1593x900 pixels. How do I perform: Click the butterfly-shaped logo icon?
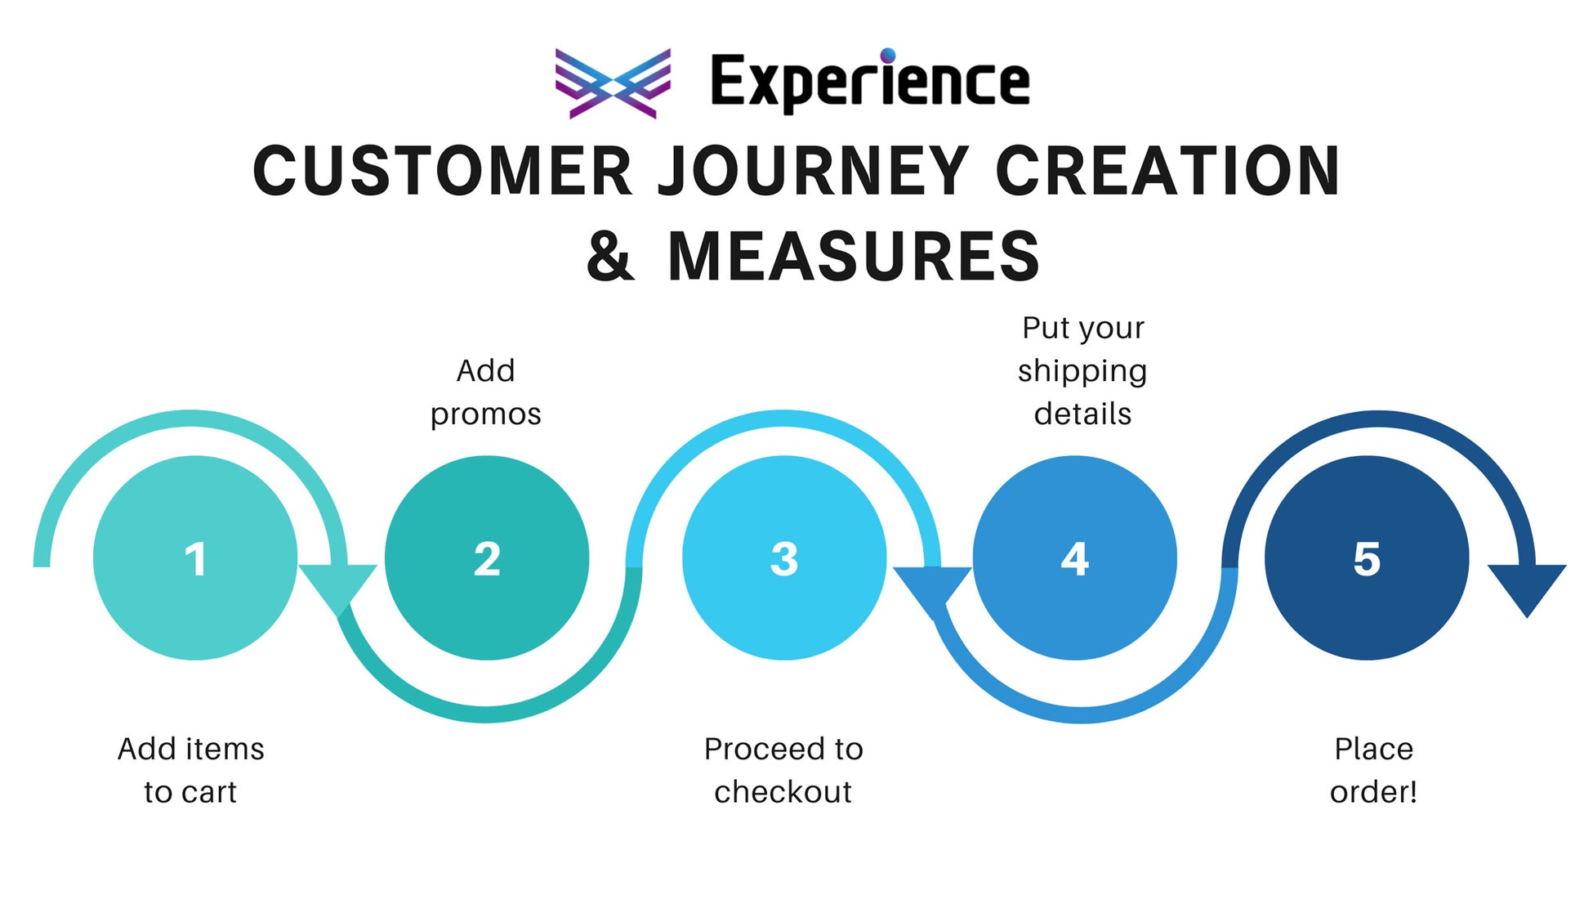pos(613,83)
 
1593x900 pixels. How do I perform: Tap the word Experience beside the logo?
pos(870,83)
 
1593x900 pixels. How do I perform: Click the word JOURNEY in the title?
pos(814,172)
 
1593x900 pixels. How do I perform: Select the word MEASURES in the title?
pos(854,257)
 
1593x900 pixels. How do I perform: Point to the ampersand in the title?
pos(609,257)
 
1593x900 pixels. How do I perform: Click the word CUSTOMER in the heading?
pos(442,172)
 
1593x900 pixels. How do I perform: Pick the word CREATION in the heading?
pos(1167,172)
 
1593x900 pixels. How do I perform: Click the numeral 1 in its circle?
pos(195,560)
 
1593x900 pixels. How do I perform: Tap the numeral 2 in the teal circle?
pos(487,560)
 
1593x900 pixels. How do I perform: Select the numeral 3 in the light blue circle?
pos(784,560)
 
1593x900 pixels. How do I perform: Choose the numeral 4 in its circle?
pos(1074,560)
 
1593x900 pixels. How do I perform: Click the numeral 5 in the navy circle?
pos(1367,560)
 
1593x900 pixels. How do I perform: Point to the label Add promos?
pos(486,392)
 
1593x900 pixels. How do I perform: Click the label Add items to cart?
pos(191,770)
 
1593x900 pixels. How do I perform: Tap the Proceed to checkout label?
pos(783,770)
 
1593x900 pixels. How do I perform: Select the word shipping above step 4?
pos(1082,371)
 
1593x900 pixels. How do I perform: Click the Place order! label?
pos(1373,770)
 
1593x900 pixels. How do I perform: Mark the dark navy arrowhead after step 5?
pos(1526,585)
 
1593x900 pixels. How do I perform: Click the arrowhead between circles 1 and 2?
pos(337,585)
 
